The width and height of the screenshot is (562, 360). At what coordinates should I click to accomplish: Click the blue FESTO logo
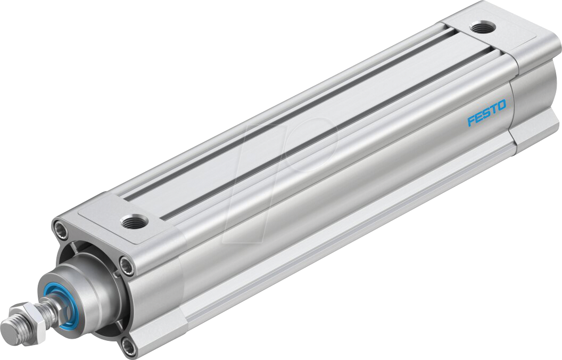[486, 112]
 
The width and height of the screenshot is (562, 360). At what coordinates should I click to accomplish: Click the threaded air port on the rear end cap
[483, 27]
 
